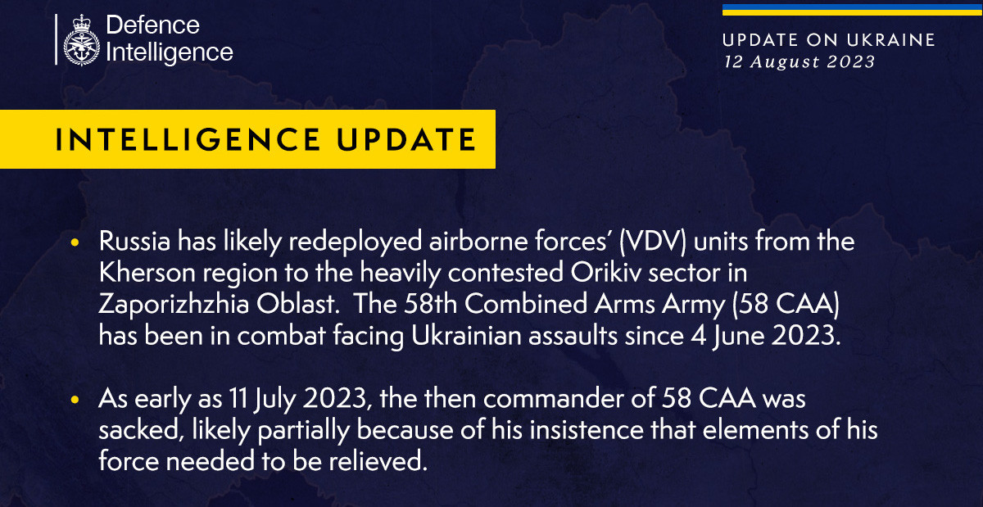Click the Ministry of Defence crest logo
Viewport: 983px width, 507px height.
pos(81,38)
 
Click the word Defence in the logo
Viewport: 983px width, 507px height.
pos(152,25)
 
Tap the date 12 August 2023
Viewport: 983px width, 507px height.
pos(799,61)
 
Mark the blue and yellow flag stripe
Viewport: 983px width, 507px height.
pos(852,9)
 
